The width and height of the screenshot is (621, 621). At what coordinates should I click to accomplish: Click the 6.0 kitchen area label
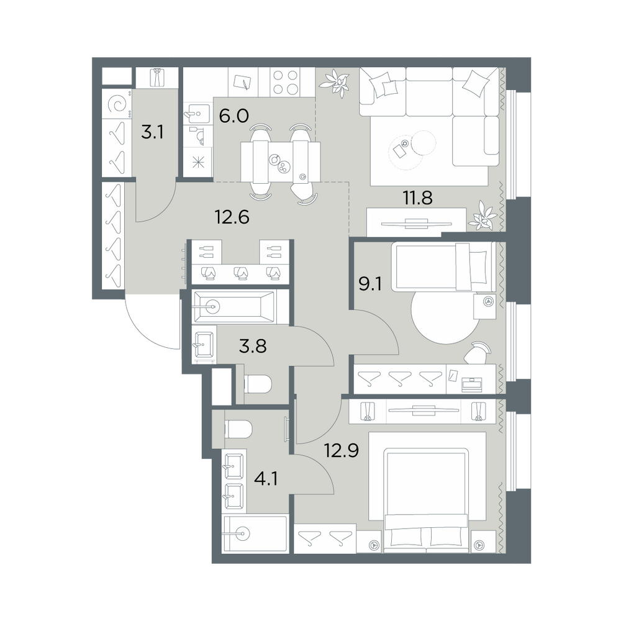pyautogui.click(x=233, y=116)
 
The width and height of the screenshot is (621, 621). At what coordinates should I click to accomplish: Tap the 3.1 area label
pyautogui.click(x=153, y=132)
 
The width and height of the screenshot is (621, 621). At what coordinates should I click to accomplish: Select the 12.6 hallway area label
pyautogui.click(x=232, y=217)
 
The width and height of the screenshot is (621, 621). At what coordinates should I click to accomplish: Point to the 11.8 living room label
pyautogui.click(x=417, y=197)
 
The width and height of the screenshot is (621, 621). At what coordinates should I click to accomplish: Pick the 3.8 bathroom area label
pyautogui.click(x=253, y=347)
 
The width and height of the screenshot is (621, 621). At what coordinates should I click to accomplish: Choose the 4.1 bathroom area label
pyautogui.click(x=266, y=479)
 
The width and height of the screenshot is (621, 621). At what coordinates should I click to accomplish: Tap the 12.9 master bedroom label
pyautogui.click(x=342, y=450)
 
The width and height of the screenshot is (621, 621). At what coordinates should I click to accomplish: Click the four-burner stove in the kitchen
pyautogui.click(x=285, y=82)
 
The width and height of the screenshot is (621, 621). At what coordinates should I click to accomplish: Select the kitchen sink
pyautogui.click(x=198, y=114)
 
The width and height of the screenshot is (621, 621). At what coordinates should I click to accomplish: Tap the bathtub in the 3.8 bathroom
pyautogui.click(x=233, y=307)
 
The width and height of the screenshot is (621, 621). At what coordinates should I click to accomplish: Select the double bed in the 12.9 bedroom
pyautogui.click(x=427, y=499)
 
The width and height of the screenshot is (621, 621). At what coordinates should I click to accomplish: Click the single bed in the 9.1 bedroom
pyautogui.click(x=443, y=266)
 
